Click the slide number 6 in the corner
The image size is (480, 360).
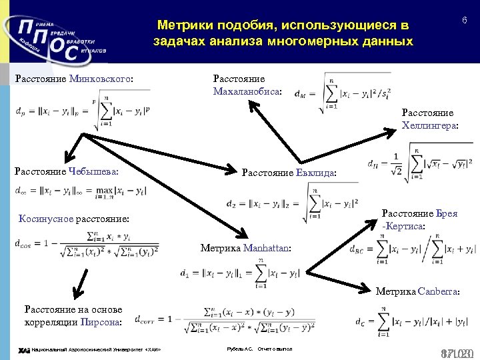(464, 21)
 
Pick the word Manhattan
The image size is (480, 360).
(266, 248)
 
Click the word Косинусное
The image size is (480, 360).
(47, 219)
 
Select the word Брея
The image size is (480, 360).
(447, 213)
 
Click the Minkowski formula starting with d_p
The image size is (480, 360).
(83, 112)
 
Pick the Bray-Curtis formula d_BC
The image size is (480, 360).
(413, 250)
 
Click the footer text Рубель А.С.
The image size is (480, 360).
(240, 349)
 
